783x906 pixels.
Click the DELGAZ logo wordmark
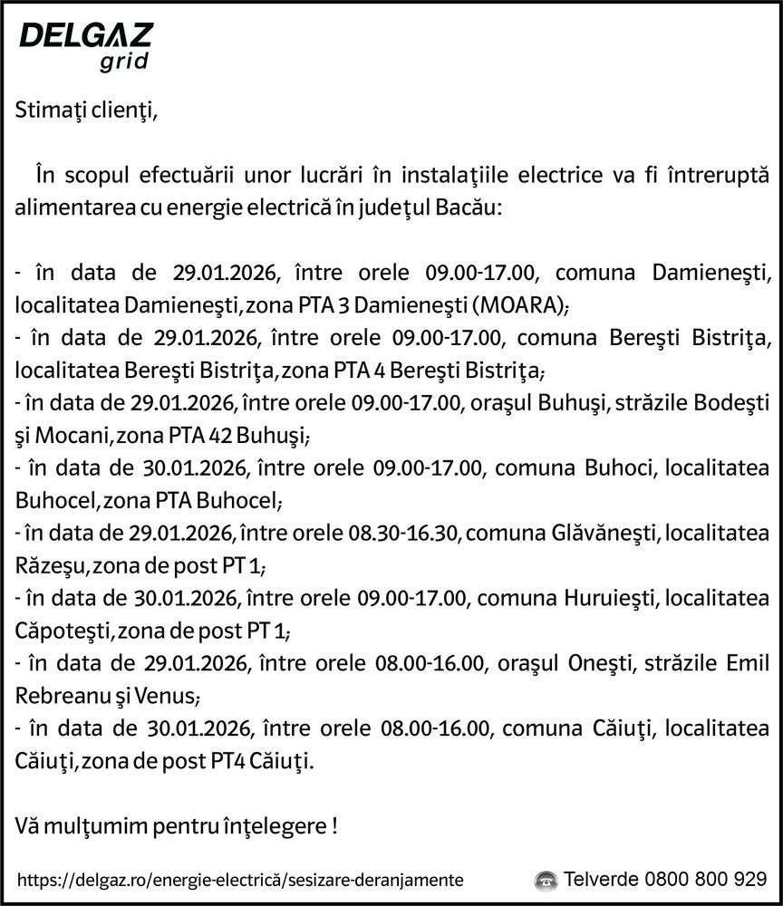85,36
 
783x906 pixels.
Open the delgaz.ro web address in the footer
241,879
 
